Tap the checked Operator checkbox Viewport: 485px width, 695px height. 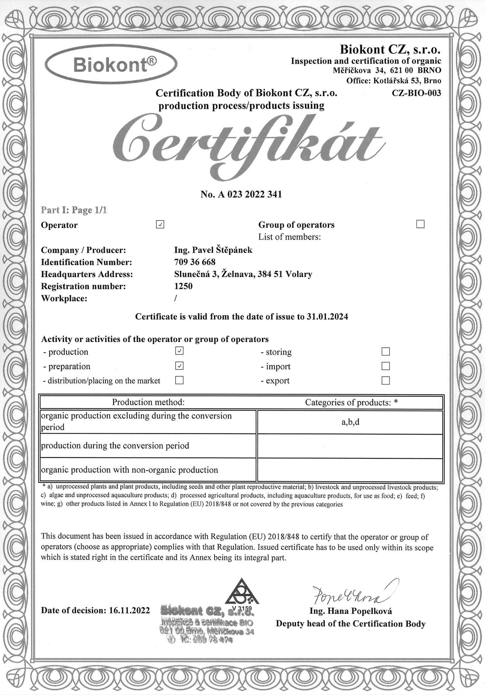pos(160,225)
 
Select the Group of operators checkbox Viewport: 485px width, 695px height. pos(420,224)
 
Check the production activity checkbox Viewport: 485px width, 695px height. pos(180,351)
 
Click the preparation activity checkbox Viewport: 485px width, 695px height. pos(180,366)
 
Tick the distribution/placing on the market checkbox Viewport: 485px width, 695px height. pos(180,380)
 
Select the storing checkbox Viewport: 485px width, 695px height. pos(386,351)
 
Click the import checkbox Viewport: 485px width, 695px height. pos(386,366)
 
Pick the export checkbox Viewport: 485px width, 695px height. pos(386,380)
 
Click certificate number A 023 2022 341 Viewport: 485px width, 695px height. pos(241,194)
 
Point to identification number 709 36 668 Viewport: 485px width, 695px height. pos(195,262)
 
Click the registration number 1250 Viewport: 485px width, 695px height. pos(183,286)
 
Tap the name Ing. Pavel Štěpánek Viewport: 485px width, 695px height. pos(213,250)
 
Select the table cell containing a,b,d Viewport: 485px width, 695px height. pos(350,422)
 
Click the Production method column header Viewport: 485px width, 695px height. pos(148,402)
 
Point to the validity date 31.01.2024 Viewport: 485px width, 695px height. pos(327,317)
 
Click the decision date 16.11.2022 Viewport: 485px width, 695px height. pos(129,610)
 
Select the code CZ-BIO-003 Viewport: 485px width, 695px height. pos(416,93)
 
